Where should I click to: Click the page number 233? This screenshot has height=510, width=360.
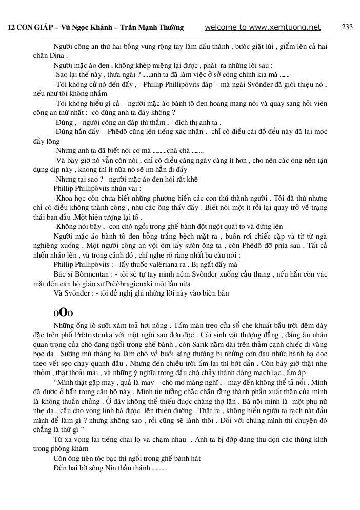click(x=347, y=27)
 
